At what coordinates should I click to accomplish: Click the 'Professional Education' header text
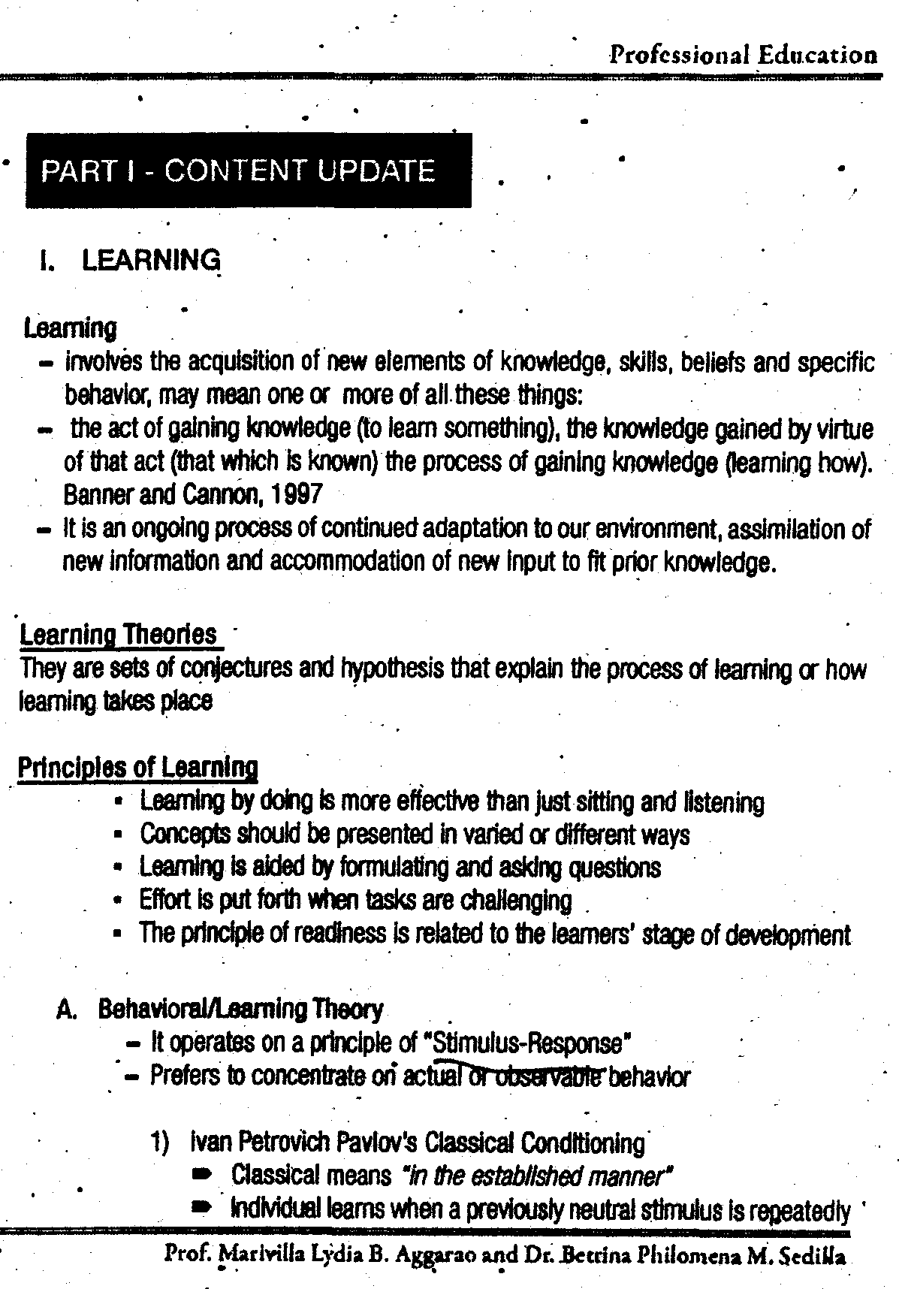point(742,54)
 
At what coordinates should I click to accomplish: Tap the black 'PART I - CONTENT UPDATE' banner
point(248,170)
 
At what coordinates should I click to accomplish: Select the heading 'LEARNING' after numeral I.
point(151,260)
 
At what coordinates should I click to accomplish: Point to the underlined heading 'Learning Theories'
point(118,635)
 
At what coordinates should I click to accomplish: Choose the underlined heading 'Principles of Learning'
point(137,768)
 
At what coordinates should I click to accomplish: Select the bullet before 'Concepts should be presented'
point(118,835)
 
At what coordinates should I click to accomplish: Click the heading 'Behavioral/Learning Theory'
point(240,1009)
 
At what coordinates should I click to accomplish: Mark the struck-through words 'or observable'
point(535,1076)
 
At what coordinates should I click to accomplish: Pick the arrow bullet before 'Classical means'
point(202,1174)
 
